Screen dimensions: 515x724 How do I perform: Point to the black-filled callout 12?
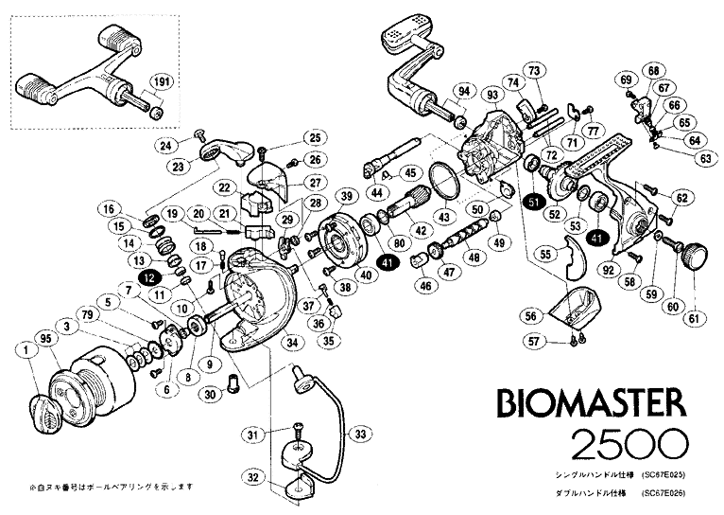pos(149,276)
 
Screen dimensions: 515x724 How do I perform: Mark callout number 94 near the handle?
pos(463,91)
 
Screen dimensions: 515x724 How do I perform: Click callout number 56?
pos(531,316)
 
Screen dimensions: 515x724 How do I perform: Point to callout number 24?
pos(166,145)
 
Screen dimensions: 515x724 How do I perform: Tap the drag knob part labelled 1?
pos(46,411)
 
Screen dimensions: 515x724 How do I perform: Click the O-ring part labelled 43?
pos(441,181)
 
